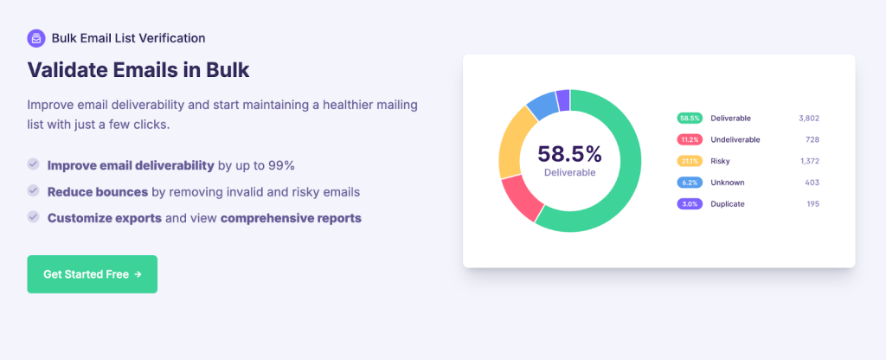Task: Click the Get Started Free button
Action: [92, 274]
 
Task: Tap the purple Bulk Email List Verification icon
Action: [35, 38]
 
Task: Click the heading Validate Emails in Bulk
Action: [138, 69]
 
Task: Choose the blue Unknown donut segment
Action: [543, 105]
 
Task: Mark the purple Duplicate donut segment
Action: [563, 99]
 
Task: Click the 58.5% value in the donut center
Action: [569, 154]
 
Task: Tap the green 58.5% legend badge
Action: [690, 118]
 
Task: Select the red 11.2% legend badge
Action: [690, 139]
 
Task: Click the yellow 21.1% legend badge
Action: [690, 161]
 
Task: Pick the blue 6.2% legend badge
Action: [690, 183]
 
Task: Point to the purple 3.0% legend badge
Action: [690, 204]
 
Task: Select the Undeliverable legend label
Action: [735, 139]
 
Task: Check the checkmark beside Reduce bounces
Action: [34, 190]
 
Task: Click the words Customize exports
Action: [105, 218]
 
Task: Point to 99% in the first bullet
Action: [281, 165]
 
